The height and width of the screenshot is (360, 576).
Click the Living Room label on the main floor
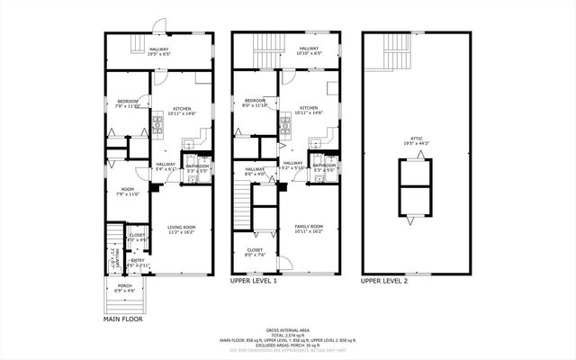tap(183, 229)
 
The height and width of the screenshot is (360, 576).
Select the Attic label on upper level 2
tap(416, 140)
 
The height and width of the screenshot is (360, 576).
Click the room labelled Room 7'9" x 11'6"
tap(128, 191)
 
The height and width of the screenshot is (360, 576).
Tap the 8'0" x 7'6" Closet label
tap(255, 252)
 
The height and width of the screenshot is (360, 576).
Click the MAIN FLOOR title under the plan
tap(122, 318)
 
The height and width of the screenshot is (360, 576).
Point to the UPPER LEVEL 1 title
tap(254, 281)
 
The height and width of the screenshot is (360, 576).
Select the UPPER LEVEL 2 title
tap(384, 281)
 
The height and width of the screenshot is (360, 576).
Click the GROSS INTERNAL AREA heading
tap(287, 329)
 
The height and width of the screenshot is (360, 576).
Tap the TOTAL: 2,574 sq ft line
tap(287, 335)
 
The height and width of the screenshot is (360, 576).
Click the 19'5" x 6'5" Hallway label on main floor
tap(159, 51)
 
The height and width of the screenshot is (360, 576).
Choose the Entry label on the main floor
tap(136, 263)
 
